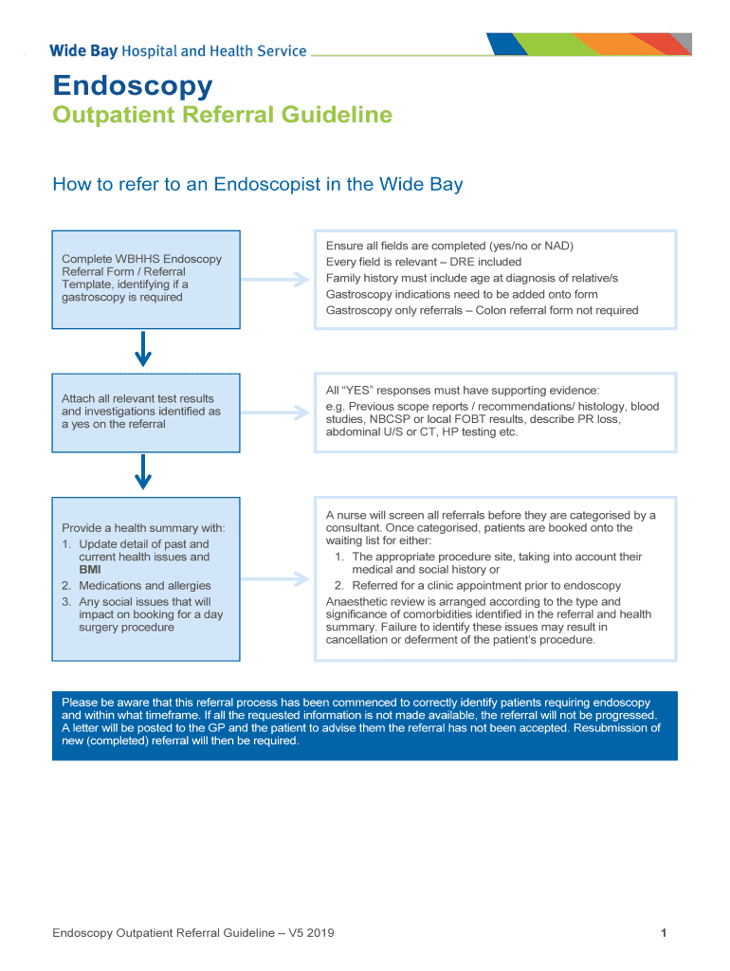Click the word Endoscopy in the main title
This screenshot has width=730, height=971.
(x=133, y=86)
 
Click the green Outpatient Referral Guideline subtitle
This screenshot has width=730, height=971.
(x=222, y=116)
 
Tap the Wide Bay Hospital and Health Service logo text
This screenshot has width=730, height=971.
(x=178, y=51)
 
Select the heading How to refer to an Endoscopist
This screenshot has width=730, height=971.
(x=257, y=184)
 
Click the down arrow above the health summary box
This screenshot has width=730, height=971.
(x=143, y=471)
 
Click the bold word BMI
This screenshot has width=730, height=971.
(x=91, y=570)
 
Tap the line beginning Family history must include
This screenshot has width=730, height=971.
(x=471, y=278)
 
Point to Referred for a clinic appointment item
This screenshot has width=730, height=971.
(x=486, y=586)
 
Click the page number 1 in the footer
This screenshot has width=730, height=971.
(x=665, y=933)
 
